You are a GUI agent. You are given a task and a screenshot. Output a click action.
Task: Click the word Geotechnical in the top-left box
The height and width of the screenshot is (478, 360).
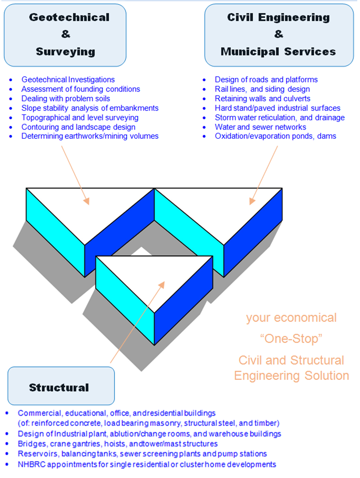coord(69,17)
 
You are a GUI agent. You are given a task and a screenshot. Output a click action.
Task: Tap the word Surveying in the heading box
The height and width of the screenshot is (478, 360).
coord(65,51)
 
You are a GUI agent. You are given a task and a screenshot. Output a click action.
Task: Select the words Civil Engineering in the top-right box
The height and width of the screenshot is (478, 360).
coord(278,17)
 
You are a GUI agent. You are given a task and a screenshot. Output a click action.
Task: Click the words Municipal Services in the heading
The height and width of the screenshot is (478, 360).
coord(278,51)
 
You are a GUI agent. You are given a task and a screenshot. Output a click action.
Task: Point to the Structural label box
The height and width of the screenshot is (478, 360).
coord(59,388)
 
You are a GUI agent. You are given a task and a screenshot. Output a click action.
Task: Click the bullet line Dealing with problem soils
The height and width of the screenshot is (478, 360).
coord(65,99)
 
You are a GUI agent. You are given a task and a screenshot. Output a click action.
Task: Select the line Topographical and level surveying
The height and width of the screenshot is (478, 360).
coord(79,117)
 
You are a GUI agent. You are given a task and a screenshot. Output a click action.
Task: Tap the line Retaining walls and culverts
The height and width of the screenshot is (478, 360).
coord(262,99)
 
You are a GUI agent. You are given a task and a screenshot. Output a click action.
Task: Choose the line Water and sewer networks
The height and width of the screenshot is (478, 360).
coord(260,126)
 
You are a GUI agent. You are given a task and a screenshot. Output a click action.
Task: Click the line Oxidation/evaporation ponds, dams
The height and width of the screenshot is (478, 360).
coord(275,136)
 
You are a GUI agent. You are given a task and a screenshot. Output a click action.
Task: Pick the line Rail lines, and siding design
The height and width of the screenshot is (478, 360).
coord(262,89)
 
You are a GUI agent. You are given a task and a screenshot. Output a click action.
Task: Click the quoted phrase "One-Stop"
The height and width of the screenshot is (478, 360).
coord(291,339)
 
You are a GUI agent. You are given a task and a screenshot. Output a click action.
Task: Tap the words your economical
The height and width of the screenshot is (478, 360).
coord(291,318)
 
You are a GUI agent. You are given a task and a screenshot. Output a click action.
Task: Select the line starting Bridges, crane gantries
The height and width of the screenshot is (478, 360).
coord(117,444)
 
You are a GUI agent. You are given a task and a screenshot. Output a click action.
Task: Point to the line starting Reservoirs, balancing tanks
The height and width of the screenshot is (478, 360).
coord(142,454)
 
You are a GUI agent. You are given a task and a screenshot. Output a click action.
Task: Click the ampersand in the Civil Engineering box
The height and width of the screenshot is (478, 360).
coord(279,34)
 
